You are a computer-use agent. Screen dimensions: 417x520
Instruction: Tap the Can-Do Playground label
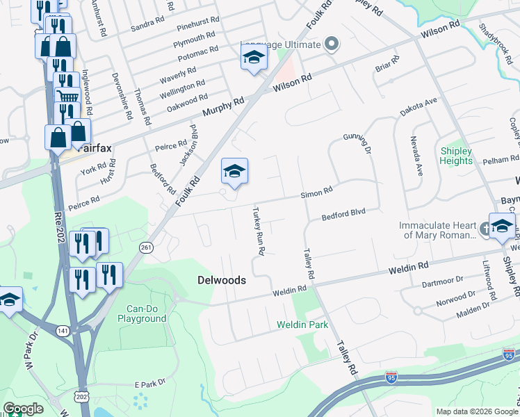point(146,313)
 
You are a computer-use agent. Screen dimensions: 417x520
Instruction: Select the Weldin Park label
point(302,325)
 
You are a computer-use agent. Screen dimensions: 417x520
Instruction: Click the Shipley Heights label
point(456,156)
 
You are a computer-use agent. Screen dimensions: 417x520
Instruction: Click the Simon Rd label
point(316,193)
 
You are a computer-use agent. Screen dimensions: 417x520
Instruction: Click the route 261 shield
point(145,248)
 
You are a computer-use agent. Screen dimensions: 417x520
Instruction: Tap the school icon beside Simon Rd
point(234,172)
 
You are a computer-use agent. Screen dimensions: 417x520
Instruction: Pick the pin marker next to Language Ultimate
point(332,45)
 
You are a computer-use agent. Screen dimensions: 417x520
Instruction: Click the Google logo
point(23,409)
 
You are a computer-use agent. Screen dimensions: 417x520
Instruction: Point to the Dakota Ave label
point(418,107)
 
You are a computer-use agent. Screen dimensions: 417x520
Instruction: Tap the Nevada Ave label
point(416,156)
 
